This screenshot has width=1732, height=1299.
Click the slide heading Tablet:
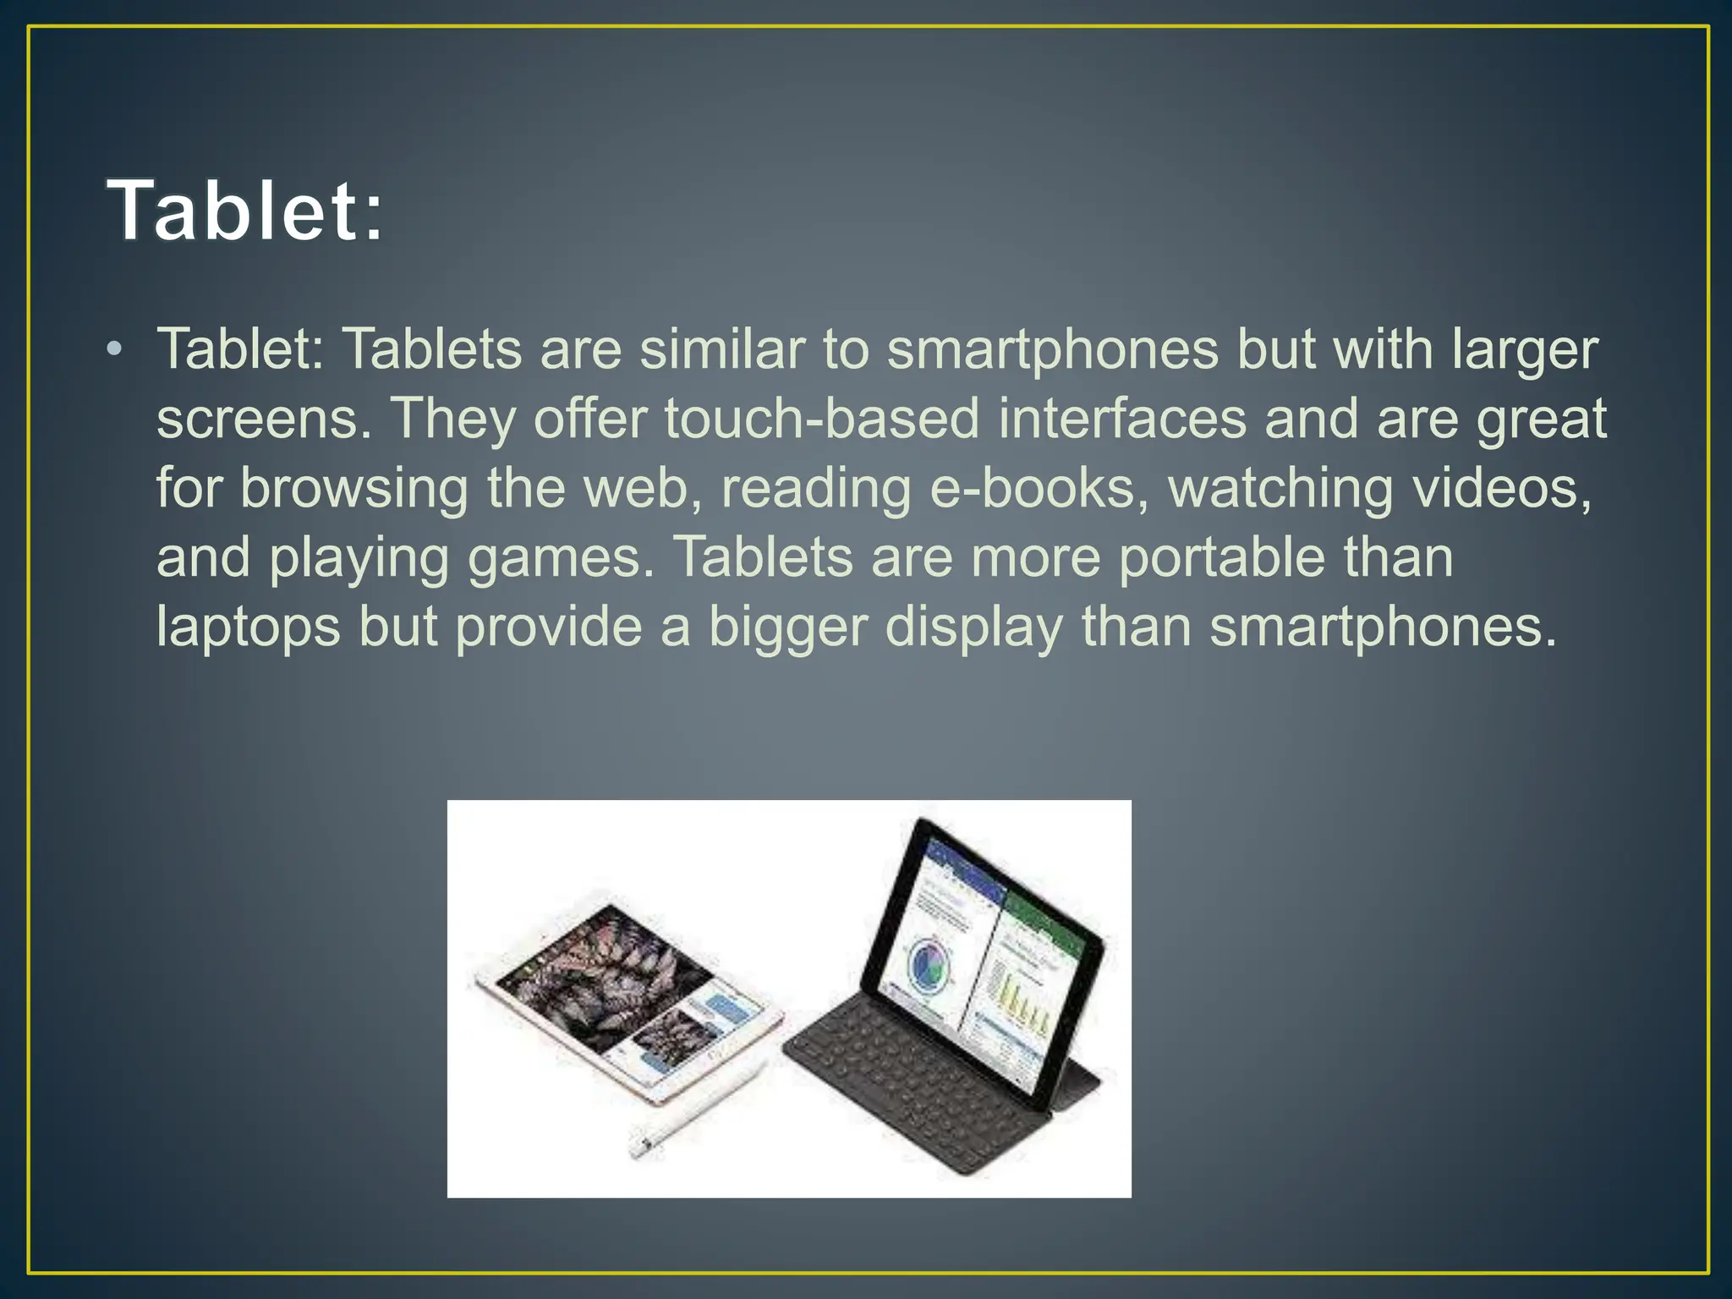[x=245, y=211]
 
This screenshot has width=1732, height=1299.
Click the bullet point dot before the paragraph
[x=115, y=349]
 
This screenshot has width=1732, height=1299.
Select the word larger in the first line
[x=1524, y=349]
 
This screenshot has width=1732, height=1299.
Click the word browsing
[x=354, y=489]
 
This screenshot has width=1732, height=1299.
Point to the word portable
[x=1221, y=558]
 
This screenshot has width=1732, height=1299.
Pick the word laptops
[x=248, y=628]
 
